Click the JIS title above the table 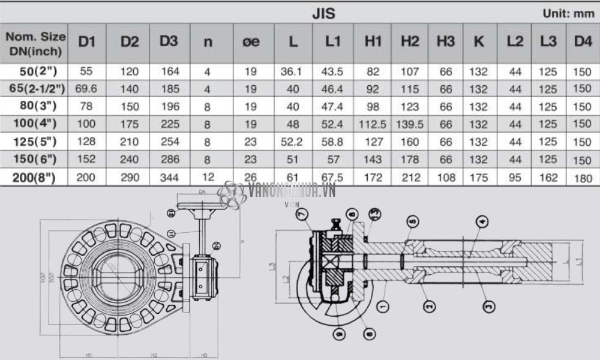pos(323,13)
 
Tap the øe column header pos(251,42)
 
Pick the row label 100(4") pos(38,124)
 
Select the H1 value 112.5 pos(372,124)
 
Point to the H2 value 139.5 pos(410,124)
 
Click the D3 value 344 pos(170,178)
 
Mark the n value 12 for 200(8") pos(208,178)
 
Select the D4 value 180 pos(582,178)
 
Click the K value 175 pos(478,178)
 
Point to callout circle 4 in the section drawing pos(482,220)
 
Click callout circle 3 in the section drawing pos(489,306)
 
